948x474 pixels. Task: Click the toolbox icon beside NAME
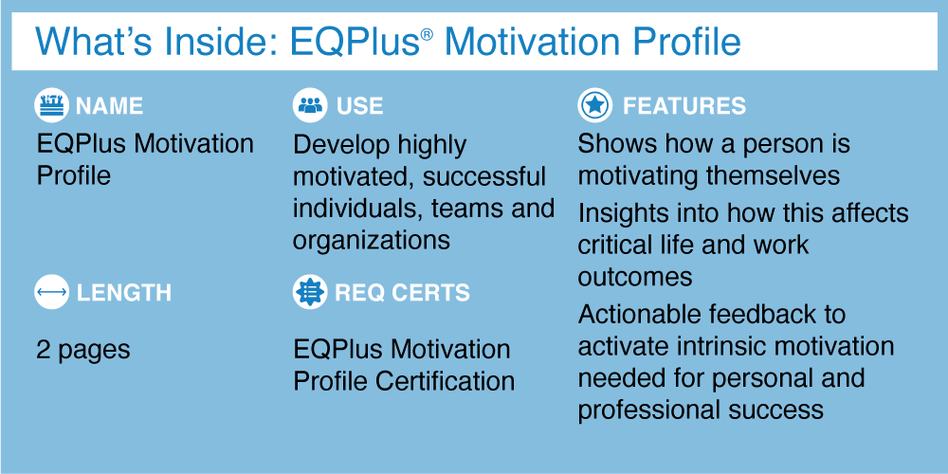[x=51, y=105]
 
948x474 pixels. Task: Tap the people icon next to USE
[x=310, y=105]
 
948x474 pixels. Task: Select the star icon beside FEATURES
[x=595, y=105]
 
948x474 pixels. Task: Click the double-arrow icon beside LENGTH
[x=51, y=292]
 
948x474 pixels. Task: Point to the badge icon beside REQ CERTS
[x=310, y=292]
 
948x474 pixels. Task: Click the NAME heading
[x=109, y=106]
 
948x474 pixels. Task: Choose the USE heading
[x=359, y=106]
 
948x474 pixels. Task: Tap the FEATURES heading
[x=684, y=106]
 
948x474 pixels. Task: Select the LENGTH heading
[x=124, y=293]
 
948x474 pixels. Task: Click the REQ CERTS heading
[x=403, y=293]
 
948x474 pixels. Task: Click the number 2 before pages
[x=44, y=350]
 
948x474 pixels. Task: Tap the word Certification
[x=445, y=381]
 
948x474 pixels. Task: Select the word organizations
[x=372, y=240]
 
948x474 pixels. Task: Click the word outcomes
[x=635, y=277]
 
